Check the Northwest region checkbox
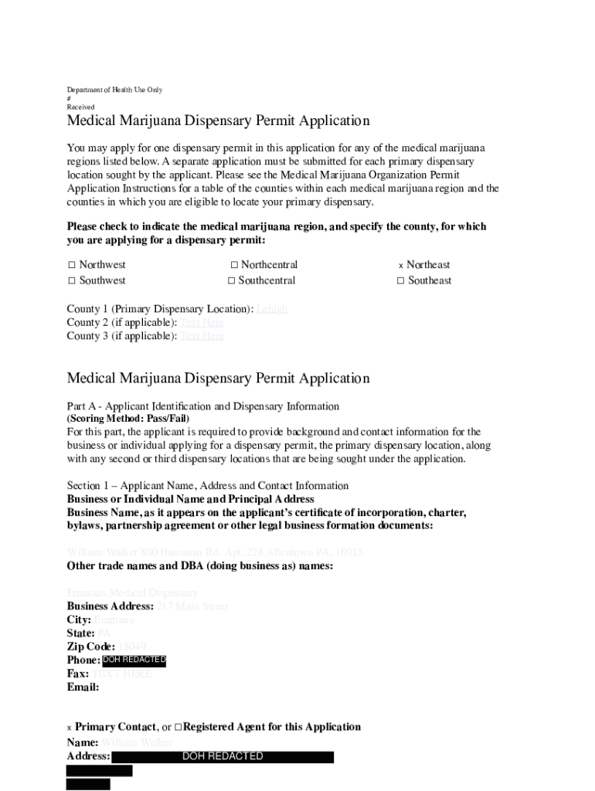pos(71,265)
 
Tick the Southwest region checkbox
pos(71,280)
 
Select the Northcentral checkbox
pos(234,265)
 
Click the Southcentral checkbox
pos(231,280)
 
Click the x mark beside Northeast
pos(401,266)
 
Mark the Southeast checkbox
pos(400,280)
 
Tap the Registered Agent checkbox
pos(178,727)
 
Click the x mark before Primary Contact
pos(70,728)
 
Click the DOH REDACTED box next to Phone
pos(134,660)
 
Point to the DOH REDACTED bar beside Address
pos(222,756)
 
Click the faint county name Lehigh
pos(272,309)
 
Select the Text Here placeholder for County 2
pos(202,322)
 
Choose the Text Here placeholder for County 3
pos(202,336)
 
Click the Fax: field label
pos(78,674)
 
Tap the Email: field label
pos(83,687)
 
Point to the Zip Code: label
pos(91,647)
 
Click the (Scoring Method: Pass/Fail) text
pos(128,418)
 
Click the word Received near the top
pos(80,107)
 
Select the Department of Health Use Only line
pos(114,90)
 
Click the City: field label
pos(79,620)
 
